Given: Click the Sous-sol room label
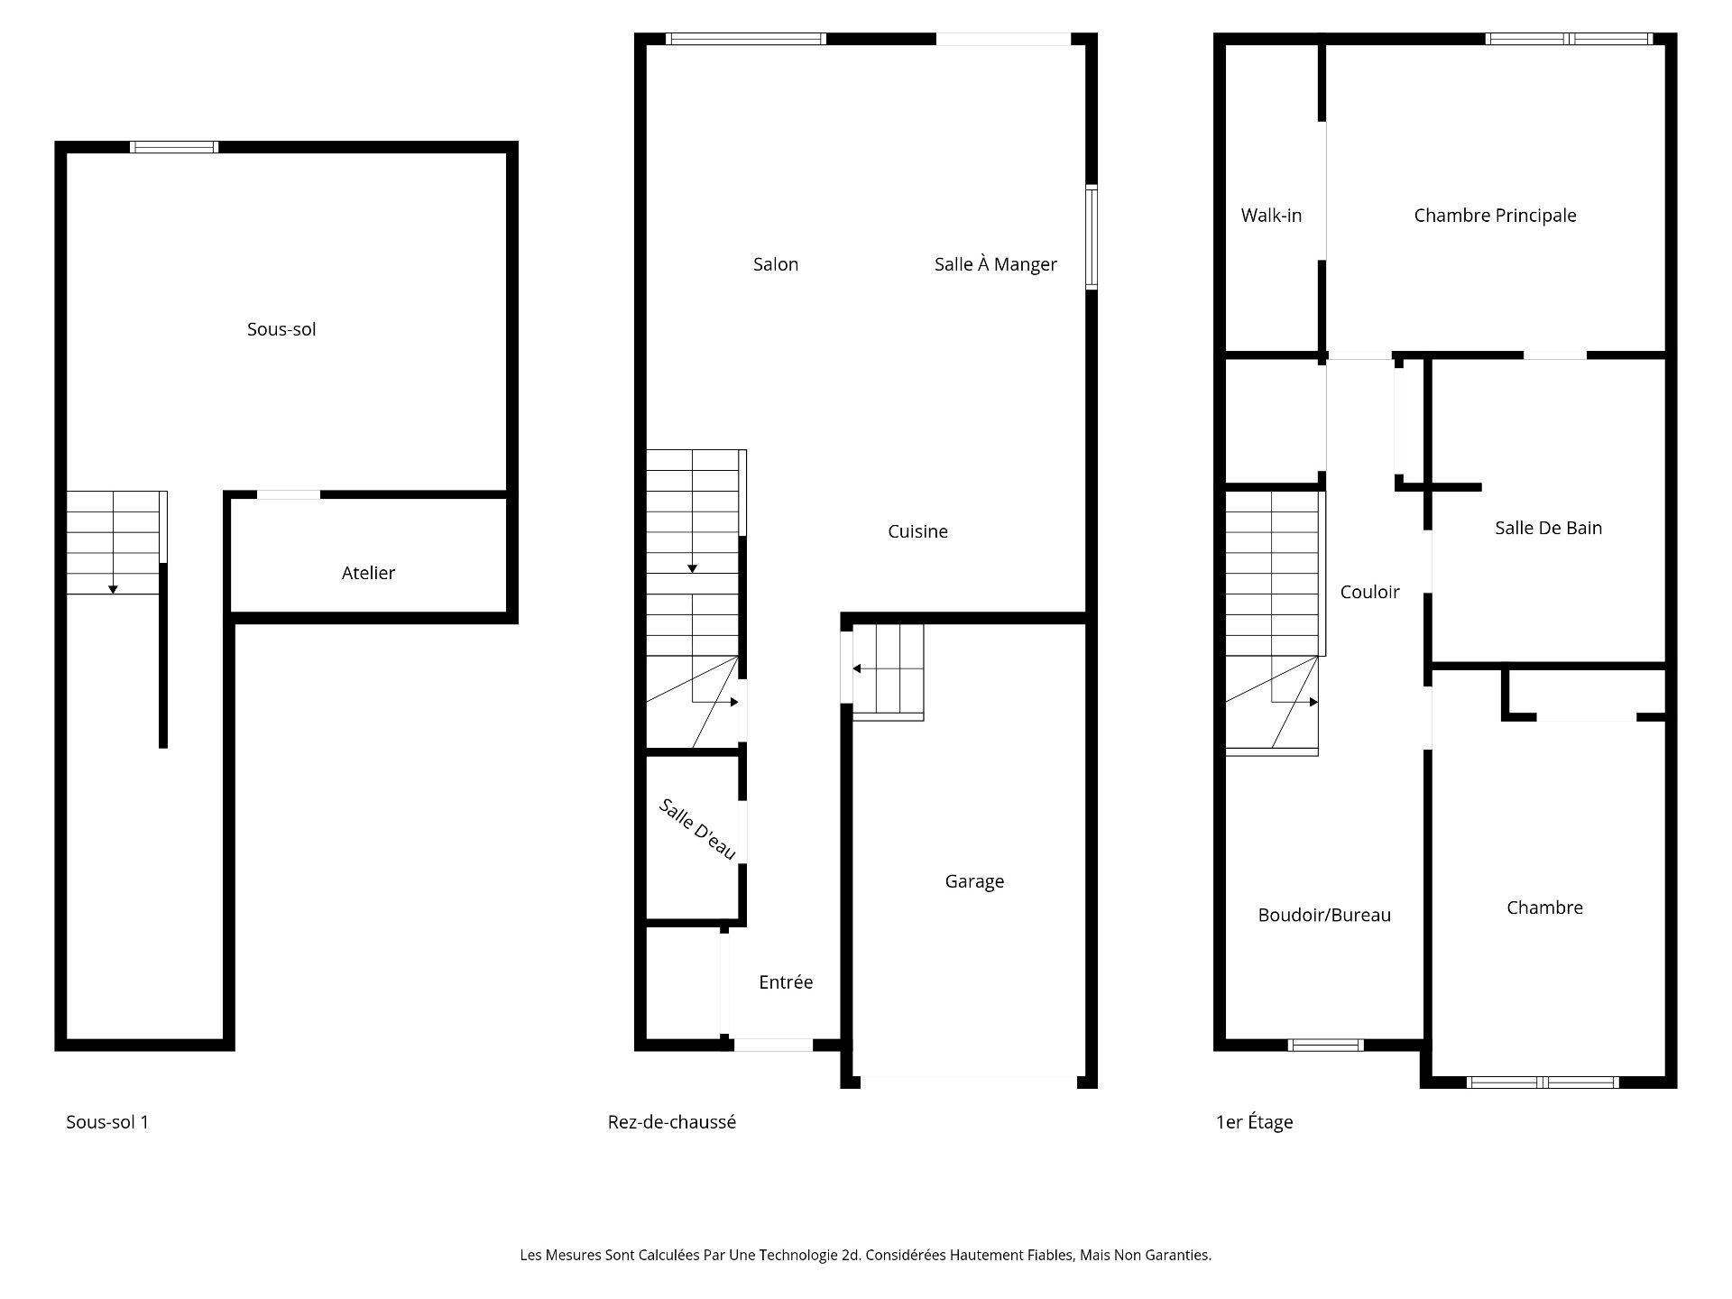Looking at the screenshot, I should [x=281, y=329].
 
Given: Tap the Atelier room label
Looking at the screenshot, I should [x=368, y=573].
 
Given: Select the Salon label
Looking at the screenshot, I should [x=776, y=264].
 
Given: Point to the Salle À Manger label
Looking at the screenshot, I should [x=995, y=264].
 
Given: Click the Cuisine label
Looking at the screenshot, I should [x=917, y=531].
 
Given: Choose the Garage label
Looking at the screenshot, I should [x=974, y=881].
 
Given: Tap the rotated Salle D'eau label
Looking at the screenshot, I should [x=697, y=829].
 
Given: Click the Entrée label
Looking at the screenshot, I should [x=786, y=982].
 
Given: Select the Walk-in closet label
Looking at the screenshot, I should [x=1271, y=216].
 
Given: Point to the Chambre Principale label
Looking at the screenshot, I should [x=1495, y=216].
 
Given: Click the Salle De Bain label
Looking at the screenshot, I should [x=1548, y=528].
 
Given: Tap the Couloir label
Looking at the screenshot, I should [x=1369, y=592].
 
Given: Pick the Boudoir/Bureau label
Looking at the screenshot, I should [x=1324, y=915].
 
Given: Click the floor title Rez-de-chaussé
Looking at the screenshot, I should [x=671, y=1122].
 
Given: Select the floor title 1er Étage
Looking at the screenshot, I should [x=1254, y=1122].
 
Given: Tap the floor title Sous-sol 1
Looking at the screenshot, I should [x=107, y=1122].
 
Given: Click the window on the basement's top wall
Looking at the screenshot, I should [x=174, y=147].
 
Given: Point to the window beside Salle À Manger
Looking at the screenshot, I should [x=1091, y=237].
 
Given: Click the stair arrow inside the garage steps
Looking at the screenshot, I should [x=856, y=668].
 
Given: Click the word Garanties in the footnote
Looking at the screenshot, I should [x=1178, y=1255].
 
